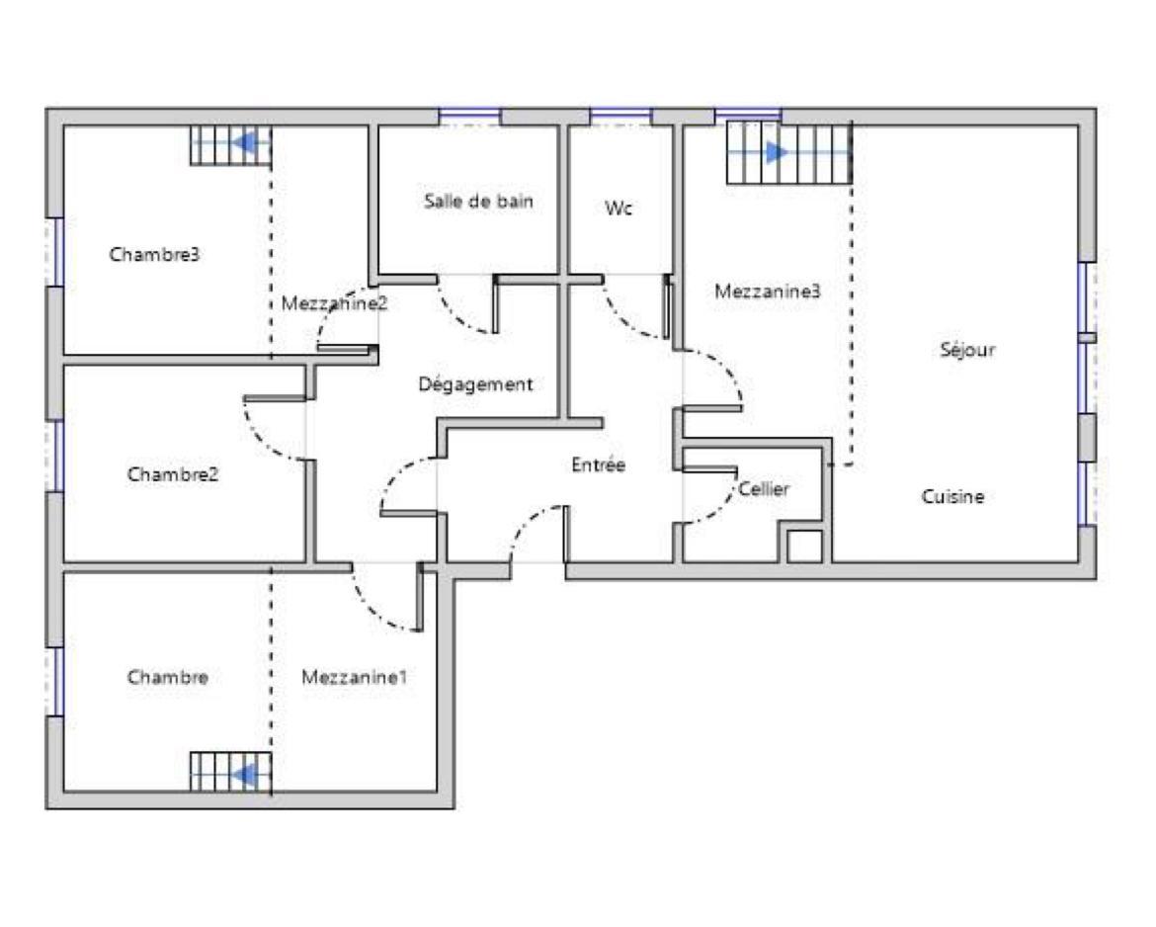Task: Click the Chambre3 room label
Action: (x=154, y=254)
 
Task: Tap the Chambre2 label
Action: (x=173, y=473)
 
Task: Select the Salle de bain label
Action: (x=478, y=201)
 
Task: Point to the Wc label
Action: (x=618, y=208)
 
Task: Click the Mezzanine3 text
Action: (x=768, y=292)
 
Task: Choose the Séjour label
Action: (x=967, y=350)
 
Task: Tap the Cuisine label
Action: (x=952, y=496)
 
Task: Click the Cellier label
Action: (x=764, y=489)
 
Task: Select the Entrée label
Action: (x=598, y=464)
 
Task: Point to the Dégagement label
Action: (x=475, y=384)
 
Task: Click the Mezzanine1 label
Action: (x=354, y=677)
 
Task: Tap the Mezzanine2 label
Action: (x=334, y=303)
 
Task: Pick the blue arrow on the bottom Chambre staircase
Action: (x=245, y=775)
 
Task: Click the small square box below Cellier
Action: (x=804, y=547)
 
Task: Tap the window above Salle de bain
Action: (x=469, y=116)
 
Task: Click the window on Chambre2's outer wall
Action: (x=55, y=456)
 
